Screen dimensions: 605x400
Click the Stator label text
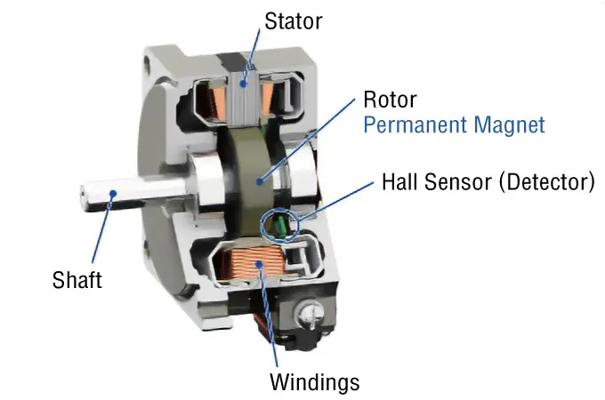pyautogui.click(x=294, y=21)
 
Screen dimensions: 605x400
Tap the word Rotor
pyautogui.click(x=390, y=100)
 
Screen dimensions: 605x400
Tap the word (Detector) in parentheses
pyautogui.click(x=547, y=182)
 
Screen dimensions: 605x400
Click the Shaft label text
pyautogui.click(x=77, y=280)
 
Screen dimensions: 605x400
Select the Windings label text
pyautogui.click(x=314, y=382)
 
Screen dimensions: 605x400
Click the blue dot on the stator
pyautogui.click(x=243, y=83)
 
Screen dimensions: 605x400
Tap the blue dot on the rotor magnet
pyautogui.click(x=260, y=180)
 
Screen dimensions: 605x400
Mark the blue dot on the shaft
pyautogui.click(x=113, y=193)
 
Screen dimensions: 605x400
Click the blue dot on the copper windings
pyautogui.click(x=259, y=264)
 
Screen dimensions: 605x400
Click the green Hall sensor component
pyautogui.click(x=280, y=225)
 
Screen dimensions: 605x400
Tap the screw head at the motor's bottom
pyautogui.click(x=308, y=314)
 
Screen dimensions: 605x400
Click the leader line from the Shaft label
pyautogui.click(x=102, y=228)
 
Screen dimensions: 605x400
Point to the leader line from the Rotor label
pyautogui.click(x=307, y=140)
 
